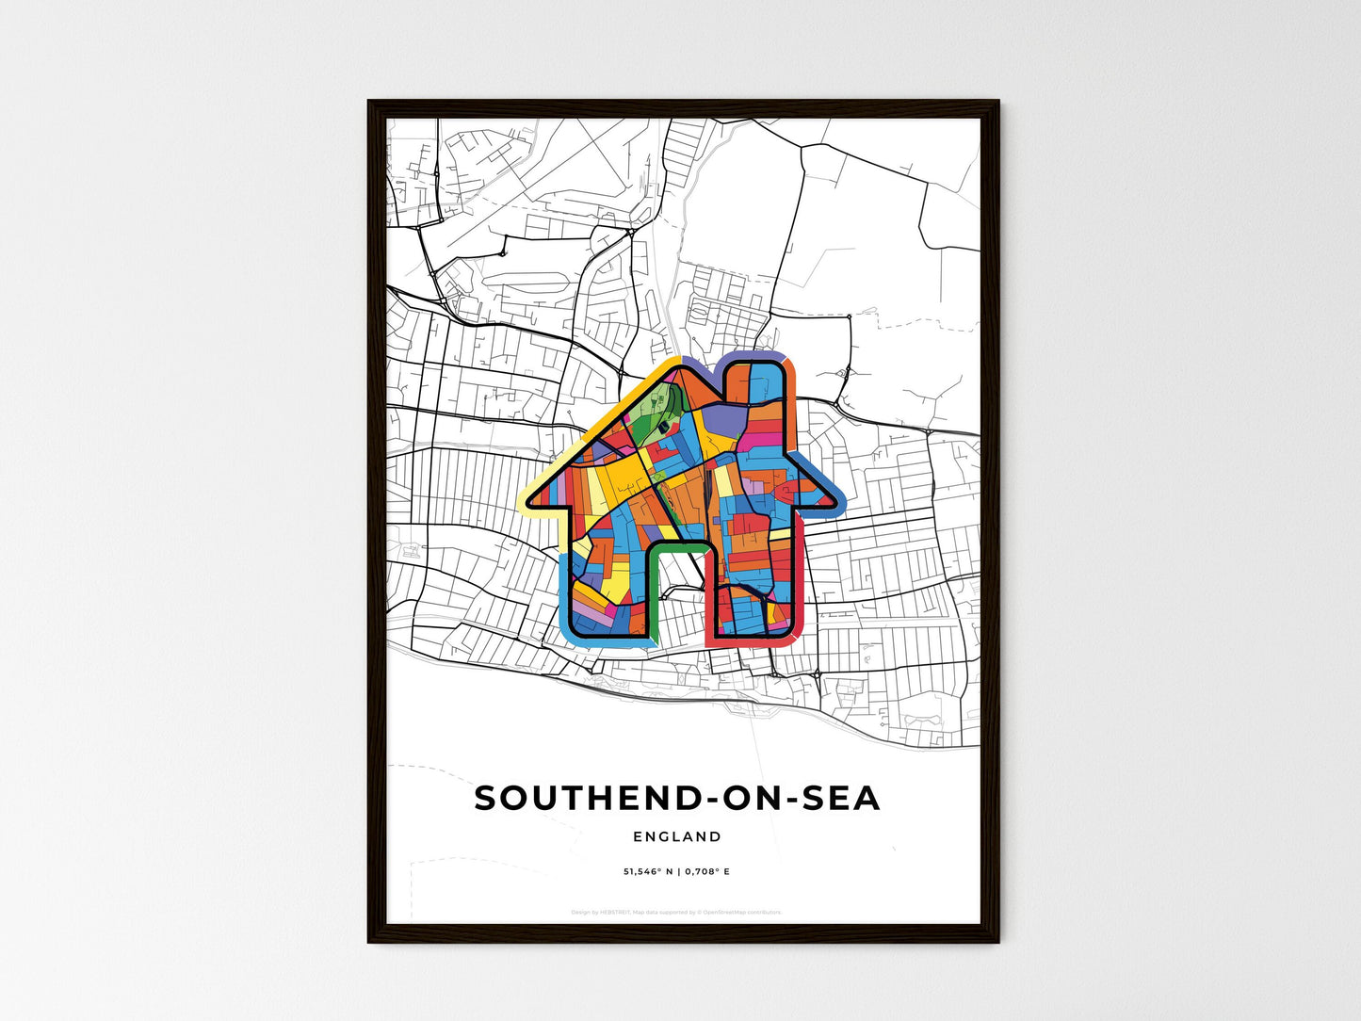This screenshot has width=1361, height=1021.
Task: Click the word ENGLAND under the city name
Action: pyautogui.click(x=677, y=836)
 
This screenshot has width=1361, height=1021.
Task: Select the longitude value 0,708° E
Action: pyautogui.click(x=706, y=872)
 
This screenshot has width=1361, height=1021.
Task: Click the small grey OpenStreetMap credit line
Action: pyautogui.click(x=676, y=912)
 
